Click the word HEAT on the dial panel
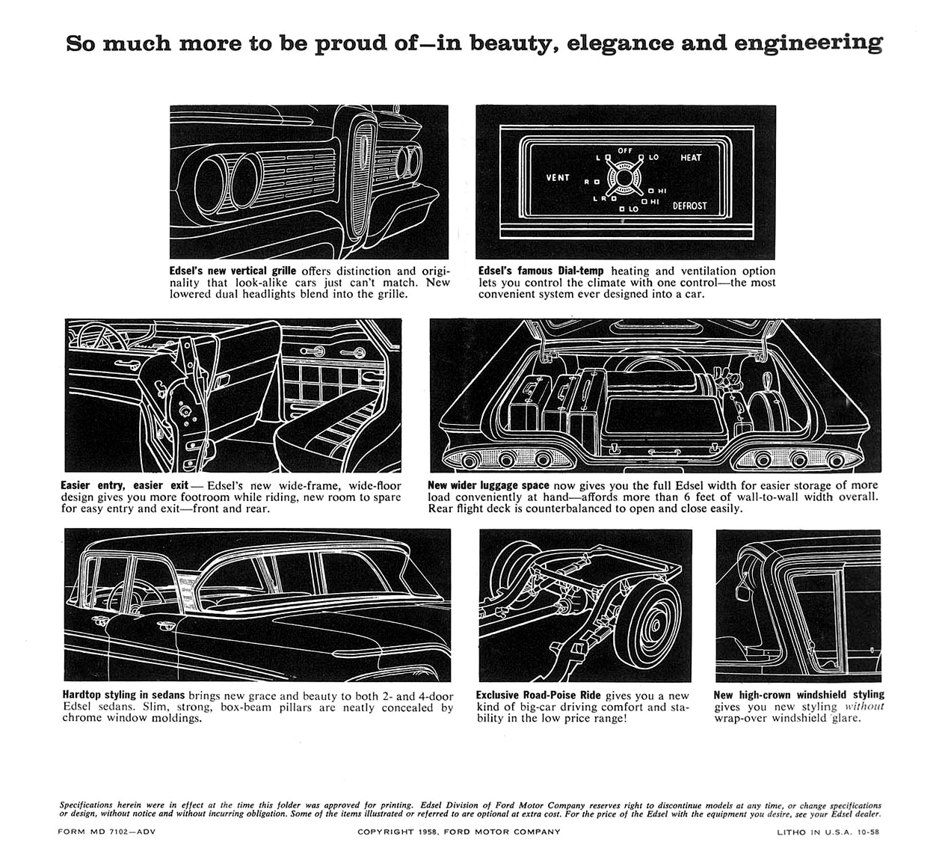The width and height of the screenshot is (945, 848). click(x=690, y=158)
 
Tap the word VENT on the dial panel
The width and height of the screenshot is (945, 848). click(x=558, y=177)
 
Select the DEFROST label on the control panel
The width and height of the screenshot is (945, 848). click(x=689, y=206)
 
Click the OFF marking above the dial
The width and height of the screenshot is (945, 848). click(x=625, y=151)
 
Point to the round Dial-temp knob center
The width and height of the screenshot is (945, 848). click(x=624, y=179)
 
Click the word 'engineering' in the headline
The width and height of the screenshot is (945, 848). click(x=808, y=43)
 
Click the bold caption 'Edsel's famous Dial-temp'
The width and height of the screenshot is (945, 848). click(x=541, y=271)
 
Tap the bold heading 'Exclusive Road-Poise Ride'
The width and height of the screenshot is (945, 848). click(x=538, y=695)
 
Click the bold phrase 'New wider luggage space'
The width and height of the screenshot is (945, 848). click(x=488, y=485)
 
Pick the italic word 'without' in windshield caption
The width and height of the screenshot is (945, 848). click(x=864, y=707)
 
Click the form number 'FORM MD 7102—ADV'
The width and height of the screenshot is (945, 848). click(x=106, y=832)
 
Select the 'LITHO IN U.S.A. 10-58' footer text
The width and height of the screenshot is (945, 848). click(x=828, y=832)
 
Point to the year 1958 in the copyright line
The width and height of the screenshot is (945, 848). click(x=427, y=832)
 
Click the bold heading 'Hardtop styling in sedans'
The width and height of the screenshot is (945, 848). click(x=123, y=695)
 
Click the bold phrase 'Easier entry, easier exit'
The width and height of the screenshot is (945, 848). click(x=125, y=485)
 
